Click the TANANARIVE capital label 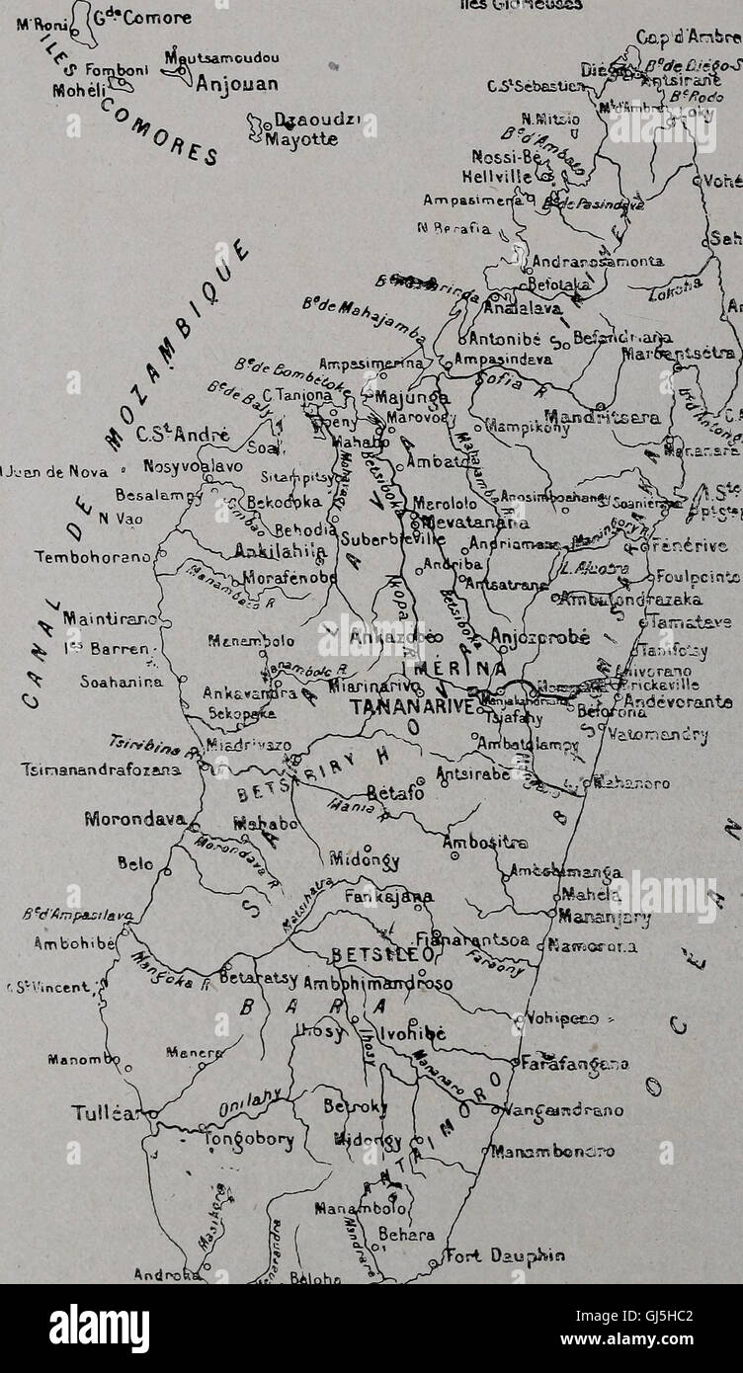pyautogui.click(x=409, y=707)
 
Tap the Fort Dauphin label pyautogui.click(x=505, y=1256)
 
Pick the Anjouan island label pyautogui.click(x=236, y=84)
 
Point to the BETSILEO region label pyautogui.click(x=377, y=955)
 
